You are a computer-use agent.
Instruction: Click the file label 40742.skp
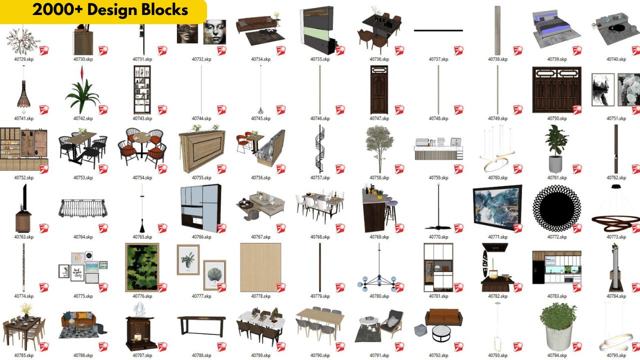pos(83,118)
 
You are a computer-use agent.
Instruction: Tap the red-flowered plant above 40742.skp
pos(82,92)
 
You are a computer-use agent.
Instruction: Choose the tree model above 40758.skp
pos(379,147)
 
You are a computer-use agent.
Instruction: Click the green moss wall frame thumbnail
pos(141,267)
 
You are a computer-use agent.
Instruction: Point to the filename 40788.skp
pos(201,355)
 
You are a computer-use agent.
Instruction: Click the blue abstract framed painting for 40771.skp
pos(497,208)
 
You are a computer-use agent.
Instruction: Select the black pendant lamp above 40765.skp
pos(142,223)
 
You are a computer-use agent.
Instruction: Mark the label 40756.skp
pos(260,177)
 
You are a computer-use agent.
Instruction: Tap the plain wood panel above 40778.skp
pos(260,267)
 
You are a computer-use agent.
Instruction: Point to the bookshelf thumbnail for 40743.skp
pos(142,89)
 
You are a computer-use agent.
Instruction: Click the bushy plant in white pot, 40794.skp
pos(557,326)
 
